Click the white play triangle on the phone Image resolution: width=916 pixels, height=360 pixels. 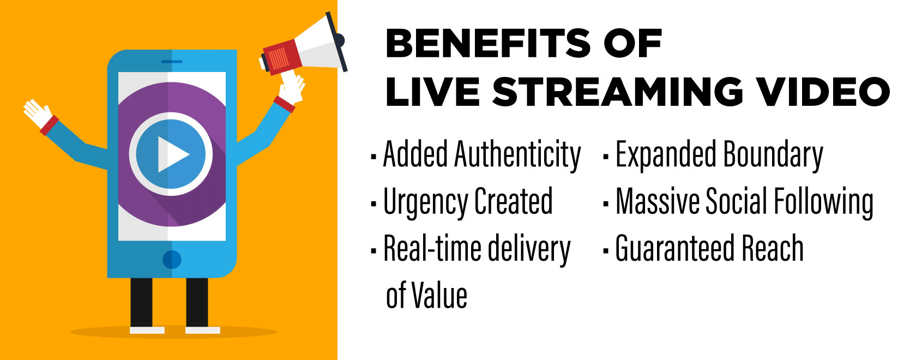[172, 154]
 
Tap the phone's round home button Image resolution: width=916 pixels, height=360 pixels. [172, 260]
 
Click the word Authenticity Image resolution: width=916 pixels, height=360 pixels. [517, 155]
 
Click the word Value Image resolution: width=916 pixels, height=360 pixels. [439, 296]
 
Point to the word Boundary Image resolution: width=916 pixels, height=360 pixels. [773, 155]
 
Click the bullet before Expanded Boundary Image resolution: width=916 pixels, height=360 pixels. [606, 156]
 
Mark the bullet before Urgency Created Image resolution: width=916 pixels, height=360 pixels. [373, 203]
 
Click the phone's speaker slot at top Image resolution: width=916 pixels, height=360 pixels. [172, 62]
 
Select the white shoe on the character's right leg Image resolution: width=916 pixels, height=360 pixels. [147, 330]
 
